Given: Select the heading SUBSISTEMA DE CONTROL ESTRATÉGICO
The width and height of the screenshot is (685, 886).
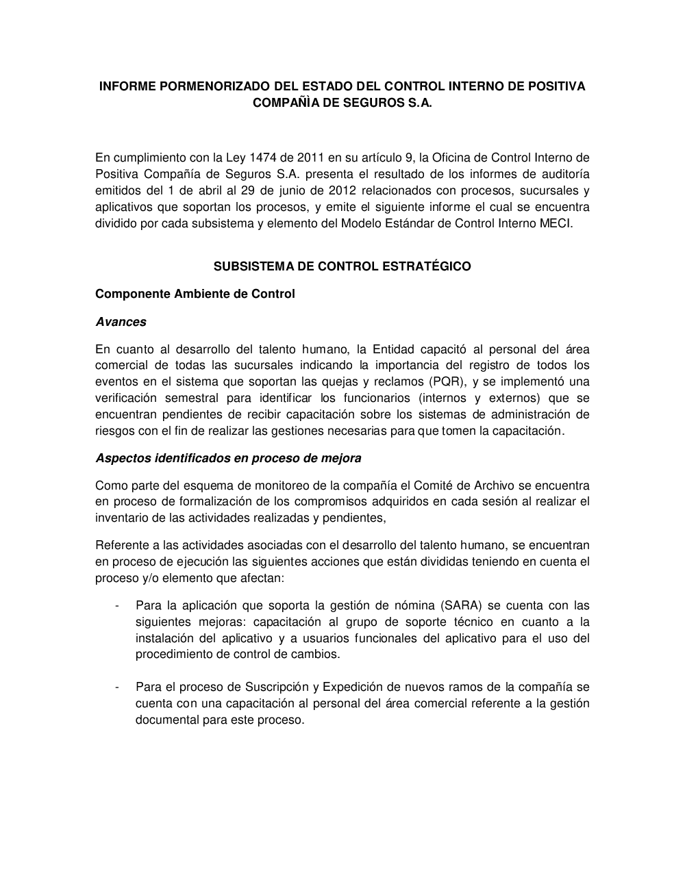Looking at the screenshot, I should coord(342,266).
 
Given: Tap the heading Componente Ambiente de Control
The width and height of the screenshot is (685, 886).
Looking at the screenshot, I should coord(195,294).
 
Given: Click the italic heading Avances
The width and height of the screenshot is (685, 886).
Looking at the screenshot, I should coord(121,322).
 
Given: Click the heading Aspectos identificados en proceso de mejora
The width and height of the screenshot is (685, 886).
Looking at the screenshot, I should coord(228,457).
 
